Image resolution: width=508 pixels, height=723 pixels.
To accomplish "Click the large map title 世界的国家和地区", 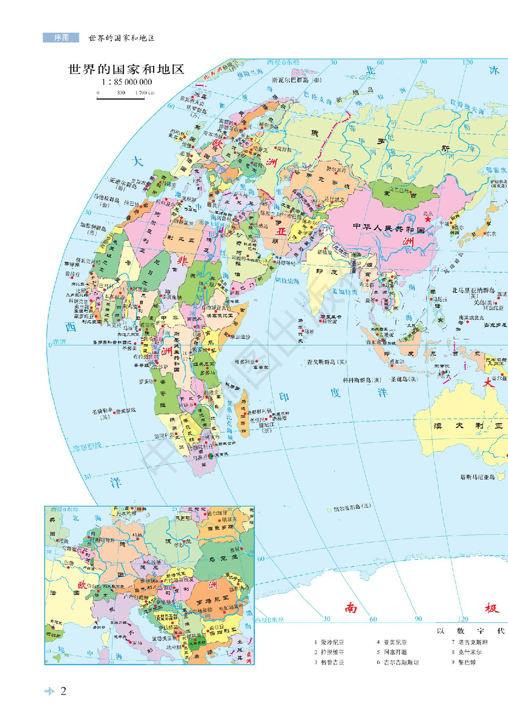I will coord(126,69).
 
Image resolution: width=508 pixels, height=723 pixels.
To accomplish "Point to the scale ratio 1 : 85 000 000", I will coord(127,82).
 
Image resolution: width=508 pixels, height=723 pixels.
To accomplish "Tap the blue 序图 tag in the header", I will coord(61,38).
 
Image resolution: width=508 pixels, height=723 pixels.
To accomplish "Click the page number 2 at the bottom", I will coord(63,691).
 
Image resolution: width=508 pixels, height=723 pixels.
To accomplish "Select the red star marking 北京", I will coord(428,219).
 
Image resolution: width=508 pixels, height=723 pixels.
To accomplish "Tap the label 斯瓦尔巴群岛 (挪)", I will coord(297,80).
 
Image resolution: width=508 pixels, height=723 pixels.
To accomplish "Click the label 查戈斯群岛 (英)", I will coord(326,362).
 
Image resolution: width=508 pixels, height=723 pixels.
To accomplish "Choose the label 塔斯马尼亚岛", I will coord(477,477).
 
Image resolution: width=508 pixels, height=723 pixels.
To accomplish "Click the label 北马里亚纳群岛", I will coord(473,290).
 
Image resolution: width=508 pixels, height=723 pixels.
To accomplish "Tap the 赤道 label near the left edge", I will coord(59,342).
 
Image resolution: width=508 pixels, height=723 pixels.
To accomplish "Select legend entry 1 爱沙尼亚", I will coord(329,642).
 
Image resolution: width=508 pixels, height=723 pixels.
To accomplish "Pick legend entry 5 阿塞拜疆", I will coord(392,652).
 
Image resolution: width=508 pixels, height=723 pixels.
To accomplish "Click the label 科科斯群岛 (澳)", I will coord(362,380).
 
